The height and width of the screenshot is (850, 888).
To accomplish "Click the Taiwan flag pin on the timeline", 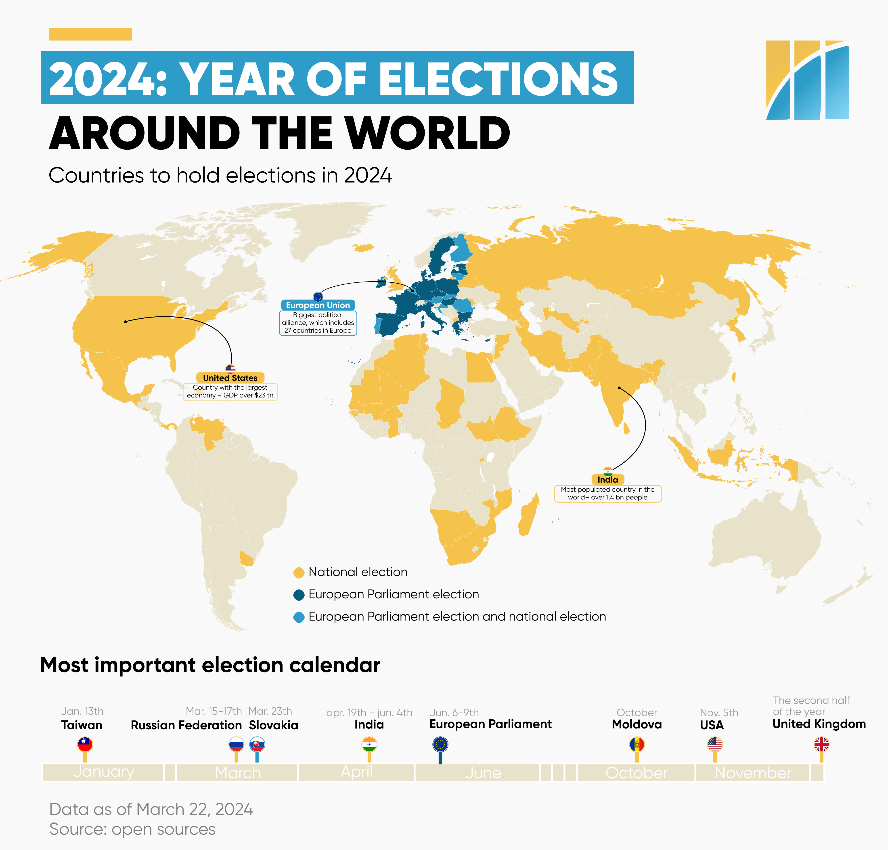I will [x=85, y=744].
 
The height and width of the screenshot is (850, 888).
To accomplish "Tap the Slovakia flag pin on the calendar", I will [x=257, y=744].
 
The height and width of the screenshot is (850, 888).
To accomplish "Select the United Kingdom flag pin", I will [x=821, y=744].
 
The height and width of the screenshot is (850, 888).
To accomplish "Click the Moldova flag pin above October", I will [x=637, y=744].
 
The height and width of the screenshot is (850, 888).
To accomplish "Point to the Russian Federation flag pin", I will [x=236, y=744].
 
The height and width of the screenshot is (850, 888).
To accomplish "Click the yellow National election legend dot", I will [x=299, y=573].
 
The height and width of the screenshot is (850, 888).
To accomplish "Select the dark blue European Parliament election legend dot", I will [x=299, y=595].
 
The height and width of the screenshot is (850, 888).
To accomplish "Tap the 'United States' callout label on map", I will [x=230, y=378].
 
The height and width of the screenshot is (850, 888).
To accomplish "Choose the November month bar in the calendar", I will [x=753, y=772].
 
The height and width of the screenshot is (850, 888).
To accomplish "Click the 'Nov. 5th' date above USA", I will [x=719, y=712].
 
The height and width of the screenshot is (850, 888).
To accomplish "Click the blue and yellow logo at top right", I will [x=807, y=80].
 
